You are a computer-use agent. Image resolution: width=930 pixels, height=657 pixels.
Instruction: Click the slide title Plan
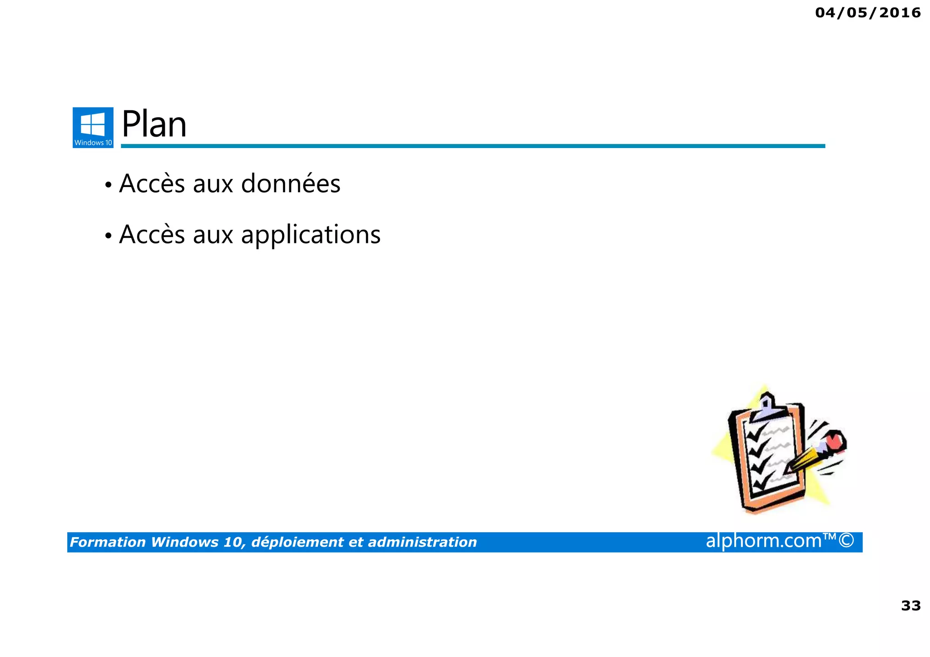click(154, 124)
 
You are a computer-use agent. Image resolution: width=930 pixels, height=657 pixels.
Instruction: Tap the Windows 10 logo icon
click(93, 127)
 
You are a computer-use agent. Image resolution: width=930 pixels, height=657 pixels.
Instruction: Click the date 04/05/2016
click(868, 13)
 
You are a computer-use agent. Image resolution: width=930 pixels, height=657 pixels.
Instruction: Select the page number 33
click(910, 606)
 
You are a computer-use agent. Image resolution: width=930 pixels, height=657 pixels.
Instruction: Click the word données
click(291, 184)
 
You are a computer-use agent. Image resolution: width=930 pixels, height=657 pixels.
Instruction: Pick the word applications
click(311, 235)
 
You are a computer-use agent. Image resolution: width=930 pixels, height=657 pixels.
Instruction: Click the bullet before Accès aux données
click(108, 185)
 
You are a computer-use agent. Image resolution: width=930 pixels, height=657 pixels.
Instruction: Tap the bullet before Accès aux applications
click(108, 236)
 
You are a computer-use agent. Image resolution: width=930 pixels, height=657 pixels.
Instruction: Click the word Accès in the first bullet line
click(153, 184)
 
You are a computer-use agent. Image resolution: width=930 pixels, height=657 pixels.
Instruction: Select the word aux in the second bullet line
click(213, 235)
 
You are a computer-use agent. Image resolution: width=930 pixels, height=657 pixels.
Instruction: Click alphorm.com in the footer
click(763, 541)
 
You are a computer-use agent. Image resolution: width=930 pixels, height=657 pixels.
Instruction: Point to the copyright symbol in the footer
click(846, 541)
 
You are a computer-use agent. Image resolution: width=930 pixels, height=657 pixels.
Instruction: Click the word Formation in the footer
click(108, 542)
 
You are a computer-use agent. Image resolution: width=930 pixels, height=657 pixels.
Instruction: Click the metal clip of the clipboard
click(767, 407)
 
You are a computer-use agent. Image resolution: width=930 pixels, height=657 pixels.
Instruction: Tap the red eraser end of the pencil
click(835, 441)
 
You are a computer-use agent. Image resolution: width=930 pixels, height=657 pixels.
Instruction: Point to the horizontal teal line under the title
click(472, 146)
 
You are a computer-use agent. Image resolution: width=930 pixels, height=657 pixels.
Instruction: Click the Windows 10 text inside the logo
click(93, 143)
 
